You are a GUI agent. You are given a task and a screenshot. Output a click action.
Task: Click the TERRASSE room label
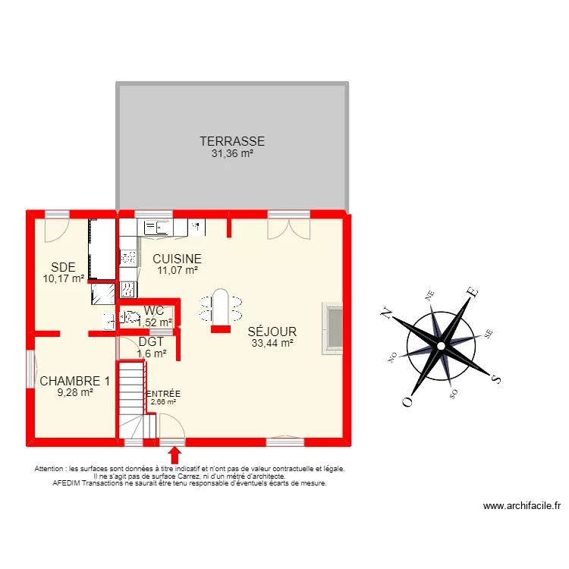232,141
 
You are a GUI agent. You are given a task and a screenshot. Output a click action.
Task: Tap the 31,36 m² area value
232,153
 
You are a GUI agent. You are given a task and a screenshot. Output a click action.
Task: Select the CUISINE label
177,259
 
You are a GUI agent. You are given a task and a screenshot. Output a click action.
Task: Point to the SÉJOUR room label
272,332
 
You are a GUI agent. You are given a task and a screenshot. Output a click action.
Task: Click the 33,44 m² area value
272,343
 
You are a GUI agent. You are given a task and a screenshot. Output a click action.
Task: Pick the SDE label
63,266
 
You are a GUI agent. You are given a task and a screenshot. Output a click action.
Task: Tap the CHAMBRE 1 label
75,381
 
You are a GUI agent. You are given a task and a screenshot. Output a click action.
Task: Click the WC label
153,311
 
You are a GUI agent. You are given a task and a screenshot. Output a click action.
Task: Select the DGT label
152,342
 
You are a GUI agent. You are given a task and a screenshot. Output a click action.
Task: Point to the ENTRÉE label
163,394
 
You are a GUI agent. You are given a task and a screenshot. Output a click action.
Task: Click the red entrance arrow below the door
174,454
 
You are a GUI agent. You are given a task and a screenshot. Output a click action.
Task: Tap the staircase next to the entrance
131,399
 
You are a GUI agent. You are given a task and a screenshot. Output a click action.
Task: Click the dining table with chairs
220,307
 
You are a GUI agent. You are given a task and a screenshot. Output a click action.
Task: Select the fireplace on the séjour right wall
332,328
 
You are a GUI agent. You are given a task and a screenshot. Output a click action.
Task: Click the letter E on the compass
470,291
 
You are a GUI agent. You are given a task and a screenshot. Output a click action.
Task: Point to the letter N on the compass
385,311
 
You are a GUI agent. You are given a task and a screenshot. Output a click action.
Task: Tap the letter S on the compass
495,378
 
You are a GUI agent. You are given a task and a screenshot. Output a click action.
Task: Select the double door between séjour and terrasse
288,226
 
